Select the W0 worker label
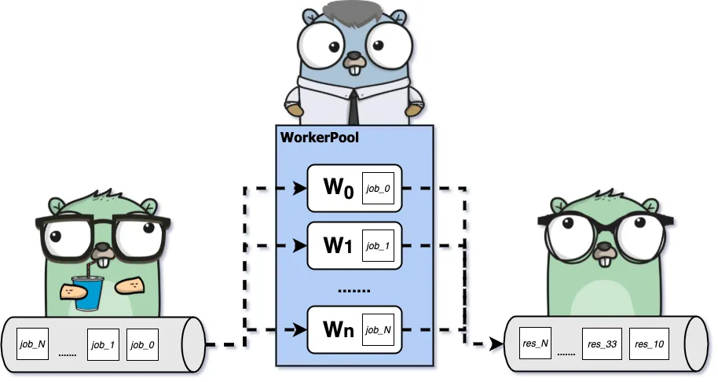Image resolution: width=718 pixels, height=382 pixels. pos(335,189)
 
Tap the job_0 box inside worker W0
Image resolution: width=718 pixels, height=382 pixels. pos(378,189)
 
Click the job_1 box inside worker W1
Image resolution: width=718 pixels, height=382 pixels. pos(378,246)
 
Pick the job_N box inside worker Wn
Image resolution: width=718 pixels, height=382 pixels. pos(378,329)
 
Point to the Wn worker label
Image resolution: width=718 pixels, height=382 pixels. pos(335,329)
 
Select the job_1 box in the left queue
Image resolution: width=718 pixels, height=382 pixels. pos(103,345)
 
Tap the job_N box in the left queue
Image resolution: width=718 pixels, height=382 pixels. pos(32,345)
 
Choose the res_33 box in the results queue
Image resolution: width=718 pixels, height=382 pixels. pos(599,344)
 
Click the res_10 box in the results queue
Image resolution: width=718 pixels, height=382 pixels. pos(647,344)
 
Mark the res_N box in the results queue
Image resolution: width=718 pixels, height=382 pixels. pos(534,344)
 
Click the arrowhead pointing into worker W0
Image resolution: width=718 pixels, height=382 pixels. pos(299,189)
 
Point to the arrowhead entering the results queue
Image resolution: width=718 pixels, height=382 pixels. pos(496,344)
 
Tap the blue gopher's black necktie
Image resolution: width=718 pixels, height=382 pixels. pos(354,106)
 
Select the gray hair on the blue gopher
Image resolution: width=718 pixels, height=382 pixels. pos(354,13)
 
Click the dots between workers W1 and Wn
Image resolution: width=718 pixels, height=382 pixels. pos(354,290)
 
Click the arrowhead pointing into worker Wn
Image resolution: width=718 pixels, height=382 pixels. pos(299,329)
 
